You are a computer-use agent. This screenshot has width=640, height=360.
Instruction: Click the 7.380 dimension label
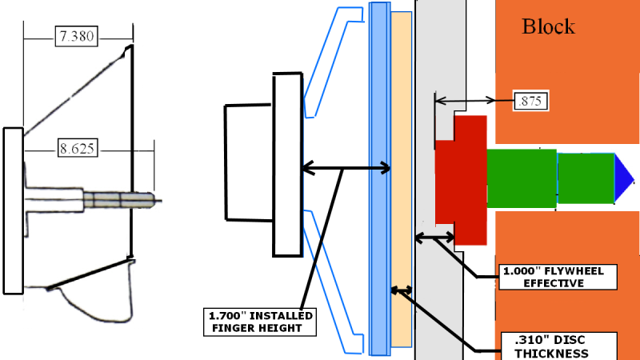tap(76, 36)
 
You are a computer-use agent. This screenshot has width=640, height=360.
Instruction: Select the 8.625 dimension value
tap(77, 148)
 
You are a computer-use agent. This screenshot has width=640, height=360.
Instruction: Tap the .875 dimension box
tap(530, 101)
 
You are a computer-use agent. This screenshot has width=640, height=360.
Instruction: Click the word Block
tap(548, 27)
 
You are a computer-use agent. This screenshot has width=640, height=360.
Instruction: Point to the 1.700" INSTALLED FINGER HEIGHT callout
tap(260, 322)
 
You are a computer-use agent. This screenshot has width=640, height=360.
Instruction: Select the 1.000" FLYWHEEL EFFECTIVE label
tap(558, 277)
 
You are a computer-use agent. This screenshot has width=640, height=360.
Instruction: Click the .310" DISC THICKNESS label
tap(558, 346)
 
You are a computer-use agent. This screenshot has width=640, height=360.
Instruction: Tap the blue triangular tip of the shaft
tap(624, 178)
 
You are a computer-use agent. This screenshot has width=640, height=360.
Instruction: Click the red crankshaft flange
tap(461, 180)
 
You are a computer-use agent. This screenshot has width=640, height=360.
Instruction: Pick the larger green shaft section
tap(522, 178)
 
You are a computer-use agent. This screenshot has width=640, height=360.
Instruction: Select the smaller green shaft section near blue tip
tap(586, 178)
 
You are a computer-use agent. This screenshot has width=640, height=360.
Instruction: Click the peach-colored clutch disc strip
tap(402, 179)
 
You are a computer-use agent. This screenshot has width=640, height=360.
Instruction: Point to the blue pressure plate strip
tap(379, 179)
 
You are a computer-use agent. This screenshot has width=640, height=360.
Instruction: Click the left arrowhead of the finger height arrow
tap(308, 168)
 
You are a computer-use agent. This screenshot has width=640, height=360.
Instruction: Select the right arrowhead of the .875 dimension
tap(490, 100)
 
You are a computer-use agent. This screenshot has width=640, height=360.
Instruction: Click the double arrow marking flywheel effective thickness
tap(434, 237)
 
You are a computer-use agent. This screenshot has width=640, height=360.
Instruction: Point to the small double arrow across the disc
tap(402, 290)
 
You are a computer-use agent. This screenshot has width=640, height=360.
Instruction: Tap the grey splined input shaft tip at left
tap(122, 200)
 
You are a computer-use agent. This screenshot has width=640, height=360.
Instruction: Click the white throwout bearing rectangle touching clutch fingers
tap(288, 165)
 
